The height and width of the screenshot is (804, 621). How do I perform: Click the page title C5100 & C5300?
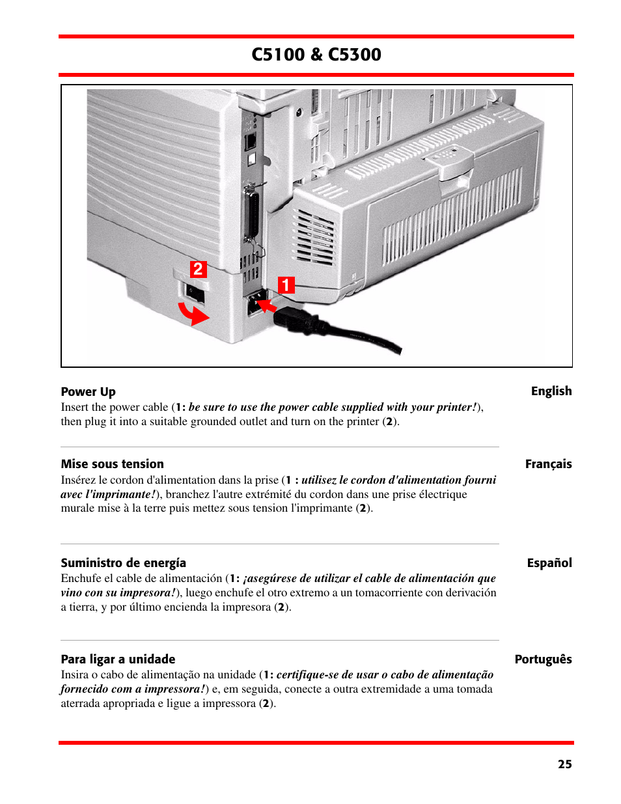coord(316,55)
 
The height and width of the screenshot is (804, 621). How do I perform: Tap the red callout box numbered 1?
coord(286,285)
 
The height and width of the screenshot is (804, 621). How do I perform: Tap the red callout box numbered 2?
coord(198,270)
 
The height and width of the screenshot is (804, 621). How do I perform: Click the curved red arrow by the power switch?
coord(193,314)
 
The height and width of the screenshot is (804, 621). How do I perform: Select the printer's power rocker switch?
coord(195,294)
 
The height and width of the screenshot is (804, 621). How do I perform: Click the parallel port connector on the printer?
coord(250,215)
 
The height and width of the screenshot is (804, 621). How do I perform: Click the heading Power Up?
coord(88,392)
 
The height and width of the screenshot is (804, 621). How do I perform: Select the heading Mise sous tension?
coord(112,464)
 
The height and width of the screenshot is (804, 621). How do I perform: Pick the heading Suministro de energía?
coord(123,563)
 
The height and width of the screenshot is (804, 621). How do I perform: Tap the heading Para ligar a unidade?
coord(118,659)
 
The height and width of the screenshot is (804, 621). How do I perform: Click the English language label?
coord(551,391)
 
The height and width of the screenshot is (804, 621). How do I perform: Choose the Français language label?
coord(548,464)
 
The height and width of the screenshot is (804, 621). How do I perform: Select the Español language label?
coord(549,563)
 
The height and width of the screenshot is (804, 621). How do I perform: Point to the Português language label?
coord(543,659)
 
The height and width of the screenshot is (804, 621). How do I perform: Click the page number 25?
coord(564,764)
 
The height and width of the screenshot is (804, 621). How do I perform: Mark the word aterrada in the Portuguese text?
coord(81,704)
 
